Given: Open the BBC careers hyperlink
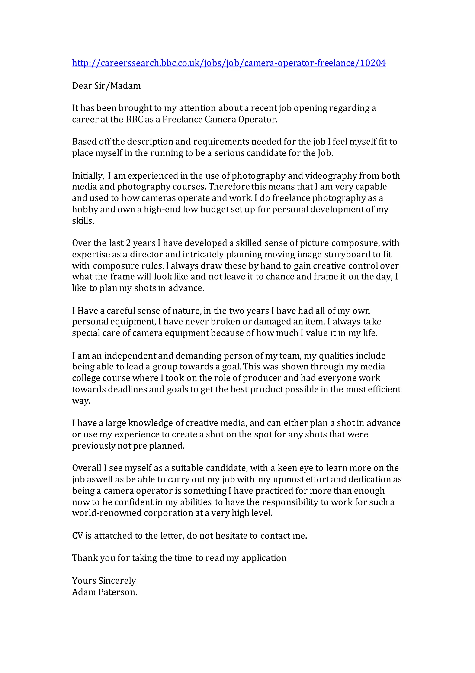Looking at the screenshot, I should (229, 63).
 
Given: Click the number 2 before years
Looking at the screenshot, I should (128, 243).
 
